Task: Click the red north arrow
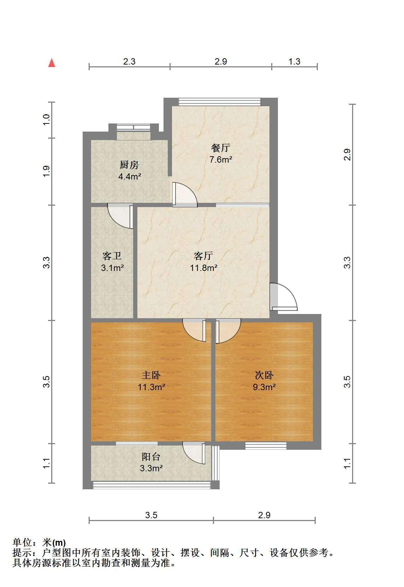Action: [52, 63]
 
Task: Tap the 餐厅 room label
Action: [221, 148]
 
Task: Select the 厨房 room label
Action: [129, 165]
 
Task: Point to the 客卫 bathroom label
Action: [112, 256]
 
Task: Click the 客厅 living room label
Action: [203, 256]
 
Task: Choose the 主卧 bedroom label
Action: [151, 375]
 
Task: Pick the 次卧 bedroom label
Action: [264, 375]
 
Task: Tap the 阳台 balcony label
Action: [151, 457]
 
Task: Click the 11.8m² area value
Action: [203, 268]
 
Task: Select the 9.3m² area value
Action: [264, 387]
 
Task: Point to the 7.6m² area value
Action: [221, 159]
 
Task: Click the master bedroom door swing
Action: [194, 330]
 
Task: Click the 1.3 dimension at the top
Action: [294, 62]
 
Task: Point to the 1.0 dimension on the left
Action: [46, 120]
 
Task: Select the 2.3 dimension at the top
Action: [129, 62]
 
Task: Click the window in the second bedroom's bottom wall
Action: [266, 446]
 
